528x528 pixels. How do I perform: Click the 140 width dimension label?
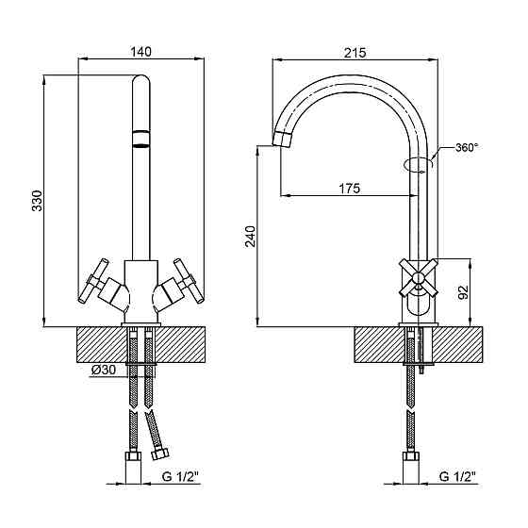[x=141, y=52]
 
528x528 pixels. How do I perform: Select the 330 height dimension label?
[x=37, y=201]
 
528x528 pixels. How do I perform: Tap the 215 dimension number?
[x=355, y=53]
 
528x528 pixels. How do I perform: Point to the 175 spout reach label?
[x=349, y=188]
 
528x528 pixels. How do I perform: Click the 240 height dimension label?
[x=250, y=236]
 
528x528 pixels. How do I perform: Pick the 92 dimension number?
[x=463, y=292]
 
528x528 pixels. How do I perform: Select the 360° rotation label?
[x=467, y=147]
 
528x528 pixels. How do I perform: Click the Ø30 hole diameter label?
[x=104, y=370]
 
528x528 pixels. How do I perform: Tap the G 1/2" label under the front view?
[x=180, y=476]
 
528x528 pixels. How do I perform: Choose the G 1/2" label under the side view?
[x=457, y=476]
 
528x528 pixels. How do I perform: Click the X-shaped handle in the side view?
[x=419, y=278]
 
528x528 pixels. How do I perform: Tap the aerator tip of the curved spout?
[x=282, y=139]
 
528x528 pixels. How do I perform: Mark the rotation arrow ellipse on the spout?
[x=418, y=164]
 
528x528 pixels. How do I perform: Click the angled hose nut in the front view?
[x=159, y=454]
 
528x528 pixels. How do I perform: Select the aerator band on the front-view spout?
[x=140, y=139]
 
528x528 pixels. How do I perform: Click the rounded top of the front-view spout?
[x=140, y=81]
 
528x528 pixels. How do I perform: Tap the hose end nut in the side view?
[x=410, y=456]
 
